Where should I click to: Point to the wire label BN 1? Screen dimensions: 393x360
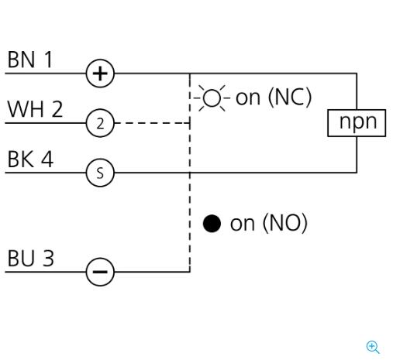30,60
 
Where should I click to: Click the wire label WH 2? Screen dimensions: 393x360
35,109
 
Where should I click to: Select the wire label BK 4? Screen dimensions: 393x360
30,159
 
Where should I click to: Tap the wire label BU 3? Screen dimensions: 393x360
31,258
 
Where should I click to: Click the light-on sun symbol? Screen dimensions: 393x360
212,98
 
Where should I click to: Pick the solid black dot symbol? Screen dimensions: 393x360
212,224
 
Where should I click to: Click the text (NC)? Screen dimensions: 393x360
290,98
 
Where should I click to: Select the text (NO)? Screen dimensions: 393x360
285,223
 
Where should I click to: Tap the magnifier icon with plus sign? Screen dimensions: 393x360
373,347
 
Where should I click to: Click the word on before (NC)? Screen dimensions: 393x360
248,98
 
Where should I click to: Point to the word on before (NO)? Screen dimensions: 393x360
243,224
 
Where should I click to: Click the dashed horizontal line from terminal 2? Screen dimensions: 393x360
152,123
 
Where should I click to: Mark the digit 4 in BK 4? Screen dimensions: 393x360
47,159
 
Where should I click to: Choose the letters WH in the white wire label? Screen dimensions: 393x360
26,109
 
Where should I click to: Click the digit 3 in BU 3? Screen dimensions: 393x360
48,258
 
